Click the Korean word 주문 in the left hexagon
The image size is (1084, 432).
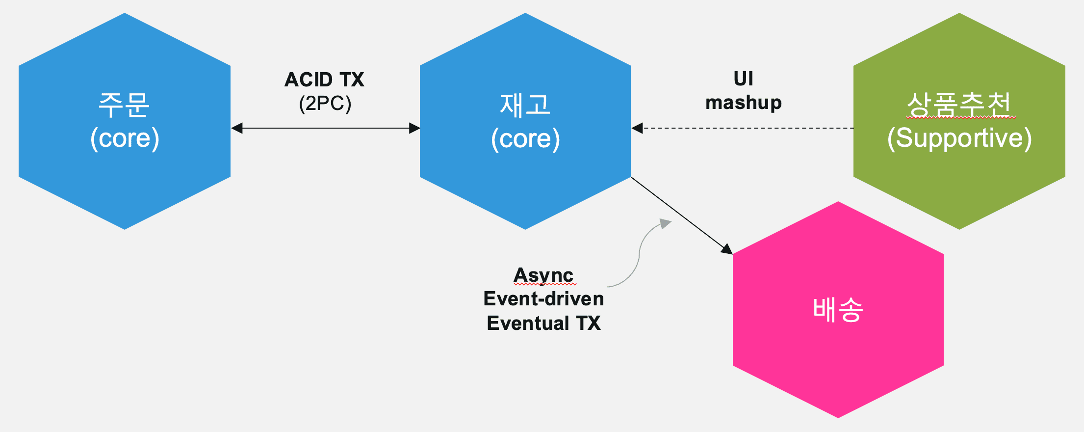(124, 105)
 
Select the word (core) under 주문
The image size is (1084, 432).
(125, 138)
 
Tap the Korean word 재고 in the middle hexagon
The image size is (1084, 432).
(525, 105)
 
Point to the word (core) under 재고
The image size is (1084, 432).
(525, 138)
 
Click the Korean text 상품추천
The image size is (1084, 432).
(959, 104)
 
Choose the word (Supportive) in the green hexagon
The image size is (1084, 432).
(959, 138)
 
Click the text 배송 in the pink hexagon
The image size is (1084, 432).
(838, 310)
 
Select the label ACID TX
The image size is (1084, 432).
(324, 80)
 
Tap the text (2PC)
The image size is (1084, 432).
(325, 104)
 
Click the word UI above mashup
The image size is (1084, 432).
(743, 79)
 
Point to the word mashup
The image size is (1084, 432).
(744, 103)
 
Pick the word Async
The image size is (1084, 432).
(543, 275)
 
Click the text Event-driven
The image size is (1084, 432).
(543, 298)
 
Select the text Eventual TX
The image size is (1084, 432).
(543, 323)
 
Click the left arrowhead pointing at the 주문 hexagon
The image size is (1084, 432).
(236, 128)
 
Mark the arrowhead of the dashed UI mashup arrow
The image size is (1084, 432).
(637, 128)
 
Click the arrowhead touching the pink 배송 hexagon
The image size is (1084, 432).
(727, 248)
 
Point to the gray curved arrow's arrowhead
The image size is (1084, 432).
(666, 223)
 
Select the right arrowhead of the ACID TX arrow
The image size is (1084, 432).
(414, 128)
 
